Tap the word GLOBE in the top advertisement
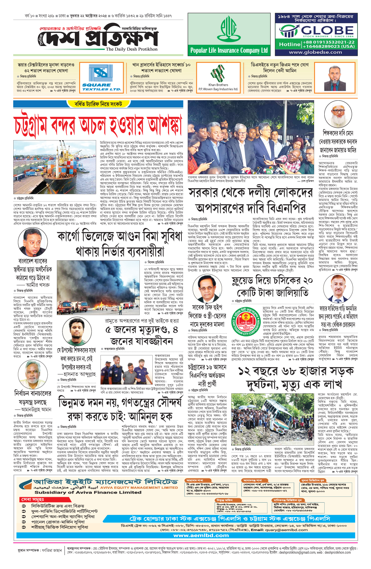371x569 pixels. coord(327,30)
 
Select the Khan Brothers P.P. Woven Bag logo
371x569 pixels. coord(218,77)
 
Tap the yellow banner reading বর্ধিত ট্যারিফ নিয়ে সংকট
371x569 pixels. coord(98,104)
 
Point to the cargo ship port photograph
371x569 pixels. coord(55,167)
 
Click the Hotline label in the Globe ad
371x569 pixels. coord(289,44)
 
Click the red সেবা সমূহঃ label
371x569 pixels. coord(32,499)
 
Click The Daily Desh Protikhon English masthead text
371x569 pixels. coord(132,49)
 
